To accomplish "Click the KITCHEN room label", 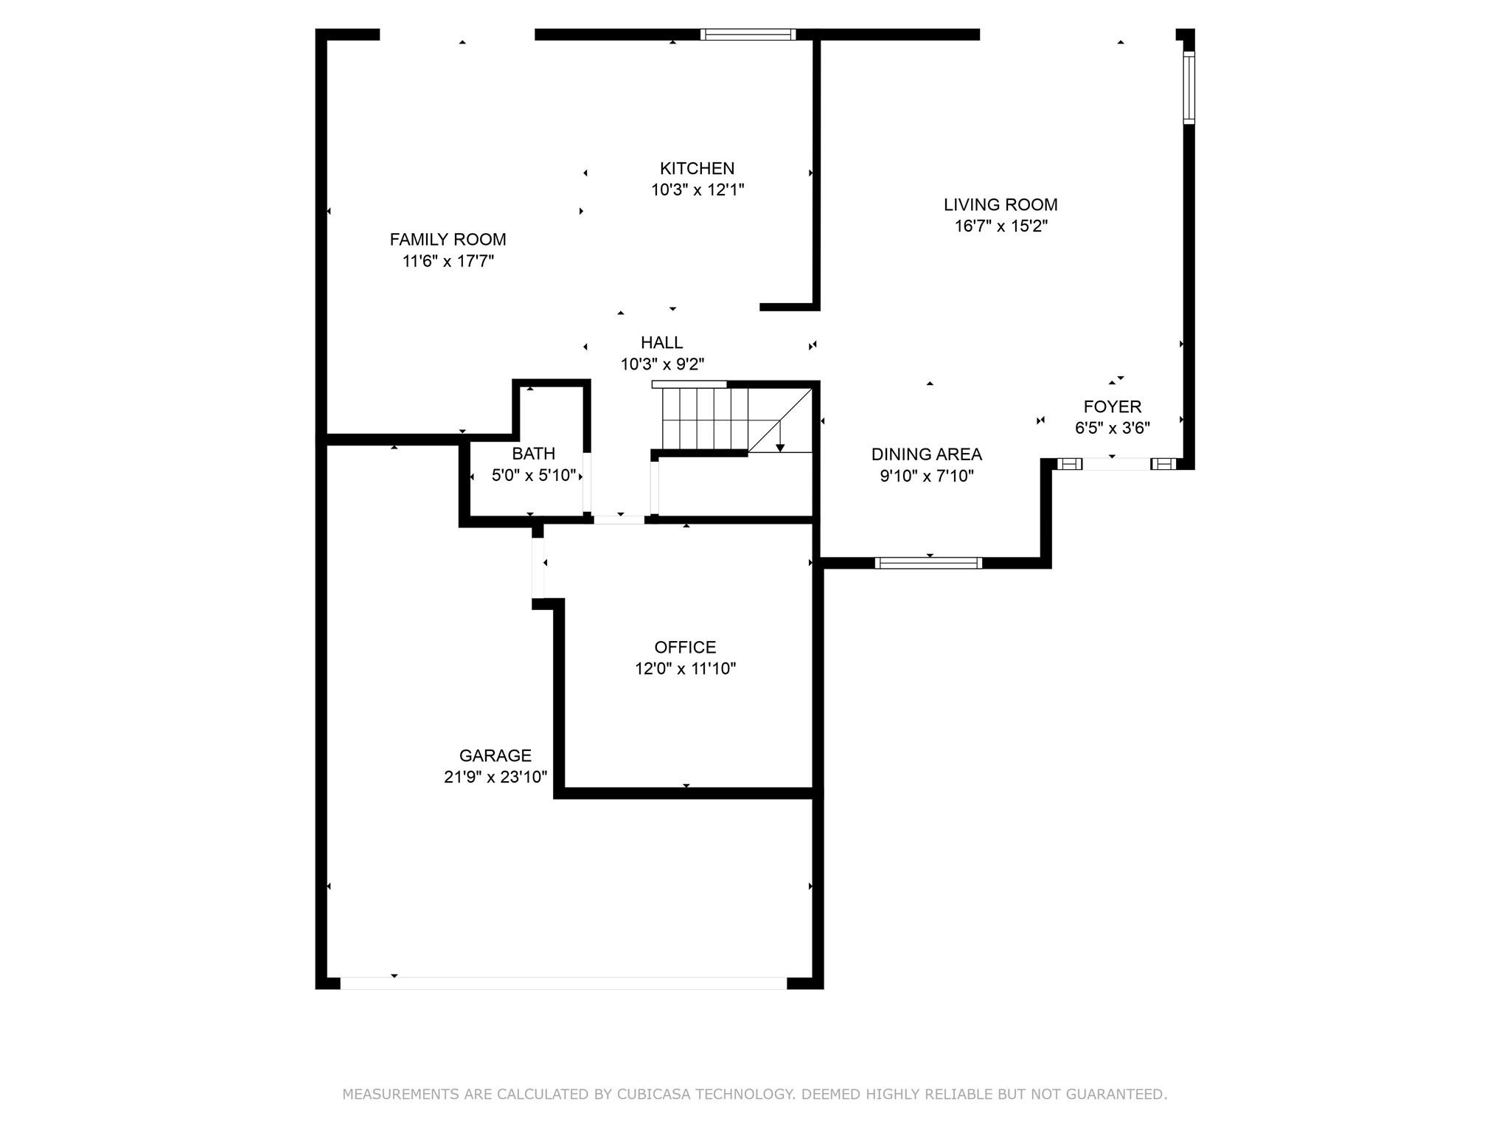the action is coord(697,168).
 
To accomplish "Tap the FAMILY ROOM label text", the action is coord(448,240).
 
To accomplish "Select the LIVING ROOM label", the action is coord(1001,205).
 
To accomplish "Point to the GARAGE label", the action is coord(495,755).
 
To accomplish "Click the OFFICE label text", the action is coord(685,647).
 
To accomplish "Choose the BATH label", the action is coord(534,454).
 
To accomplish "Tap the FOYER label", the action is coord(1113,406).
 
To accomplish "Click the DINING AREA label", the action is coord(927,454).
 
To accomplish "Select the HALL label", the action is coord(662,342).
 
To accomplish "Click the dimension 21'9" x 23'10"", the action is coord(495,777).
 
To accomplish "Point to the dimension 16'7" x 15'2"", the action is coord(1001,226).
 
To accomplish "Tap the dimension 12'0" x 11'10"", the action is coord(686,668).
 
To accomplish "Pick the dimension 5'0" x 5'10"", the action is coord(534,475).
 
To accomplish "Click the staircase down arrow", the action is coord(780,436).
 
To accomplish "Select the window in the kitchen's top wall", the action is coord(748,34).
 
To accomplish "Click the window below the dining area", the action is coord(929,563).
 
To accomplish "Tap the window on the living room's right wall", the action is coord(1189,87).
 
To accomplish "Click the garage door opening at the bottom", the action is coord(564,983).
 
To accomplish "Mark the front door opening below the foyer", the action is coord(1116,464).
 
